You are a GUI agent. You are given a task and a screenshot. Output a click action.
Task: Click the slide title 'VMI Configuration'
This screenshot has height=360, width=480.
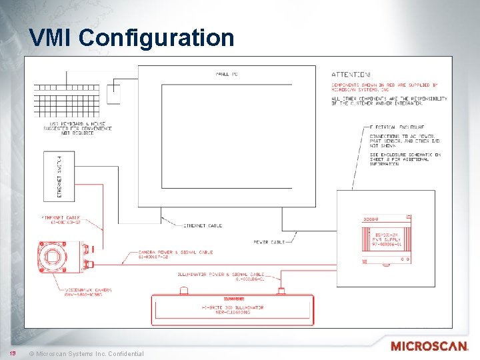coord(131,37)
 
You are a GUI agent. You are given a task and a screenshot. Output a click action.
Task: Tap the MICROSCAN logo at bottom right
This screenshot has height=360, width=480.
coord(429,347)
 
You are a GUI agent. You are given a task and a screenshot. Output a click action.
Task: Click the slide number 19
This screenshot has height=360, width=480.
coord(11,352)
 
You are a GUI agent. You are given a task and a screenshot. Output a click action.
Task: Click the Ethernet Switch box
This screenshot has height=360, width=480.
coord(59,175)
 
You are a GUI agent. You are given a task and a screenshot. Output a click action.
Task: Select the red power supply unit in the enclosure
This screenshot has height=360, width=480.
coord(385,237)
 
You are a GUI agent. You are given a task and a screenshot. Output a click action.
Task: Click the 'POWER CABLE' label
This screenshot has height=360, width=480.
coord(269,241)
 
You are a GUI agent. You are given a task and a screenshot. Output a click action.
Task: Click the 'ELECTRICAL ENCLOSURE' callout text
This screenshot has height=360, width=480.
coord(397,127)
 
